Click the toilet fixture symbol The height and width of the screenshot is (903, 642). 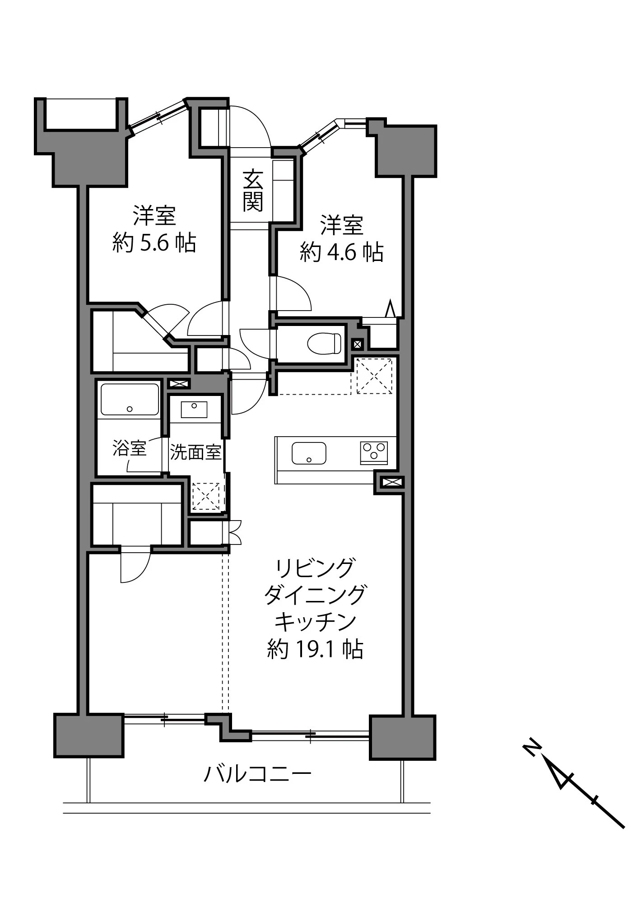point(324,344)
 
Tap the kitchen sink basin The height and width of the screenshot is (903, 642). point(309,453)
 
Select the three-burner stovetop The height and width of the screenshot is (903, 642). point(374,452)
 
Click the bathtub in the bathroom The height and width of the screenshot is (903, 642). point(130,399)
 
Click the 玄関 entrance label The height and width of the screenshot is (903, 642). point(253,191)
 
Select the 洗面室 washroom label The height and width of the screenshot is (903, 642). point(195,452)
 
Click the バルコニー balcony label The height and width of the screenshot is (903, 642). point(257,774)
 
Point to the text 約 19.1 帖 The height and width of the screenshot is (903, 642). point(315,649)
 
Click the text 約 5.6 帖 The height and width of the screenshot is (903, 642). point(154,243)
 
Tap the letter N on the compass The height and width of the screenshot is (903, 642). point(531,747)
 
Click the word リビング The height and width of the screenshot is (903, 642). point(315,568)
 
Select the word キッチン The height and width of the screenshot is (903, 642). point(315,622)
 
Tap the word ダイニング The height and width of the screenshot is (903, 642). point(315,595)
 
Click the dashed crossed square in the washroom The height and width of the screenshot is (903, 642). point(206,496)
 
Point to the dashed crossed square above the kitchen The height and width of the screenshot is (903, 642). point(374,376)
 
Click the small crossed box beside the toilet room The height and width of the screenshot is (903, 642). point(357,344)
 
